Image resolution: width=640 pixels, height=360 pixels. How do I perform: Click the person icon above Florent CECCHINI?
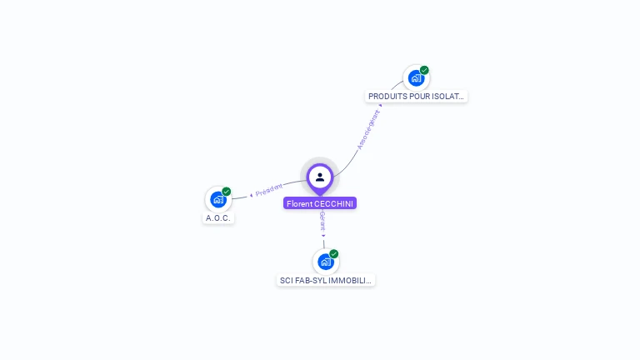320,177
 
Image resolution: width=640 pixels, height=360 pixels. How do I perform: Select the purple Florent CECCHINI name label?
320,203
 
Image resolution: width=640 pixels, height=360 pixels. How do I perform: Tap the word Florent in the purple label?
299,203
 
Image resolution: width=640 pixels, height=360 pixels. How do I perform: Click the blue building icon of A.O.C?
218,199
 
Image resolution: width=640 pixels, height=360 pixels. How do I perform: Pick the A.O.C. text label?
218,218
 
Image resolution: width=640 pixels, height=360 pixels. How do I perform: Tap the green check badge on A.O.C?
227,192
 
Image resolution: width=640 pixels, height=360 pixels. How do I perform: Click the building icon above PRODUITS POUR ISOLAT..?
416,78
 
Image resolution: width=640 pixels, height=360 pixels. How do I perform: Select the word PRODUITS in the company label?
387,97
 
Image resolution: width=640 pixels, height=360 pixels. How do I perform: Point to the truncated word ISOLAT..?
449,97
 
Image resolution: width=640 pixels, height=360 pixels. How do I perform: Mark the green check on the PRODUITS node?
424,71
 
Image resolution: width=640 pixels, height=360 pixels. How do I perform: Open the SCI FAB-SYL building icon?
325,262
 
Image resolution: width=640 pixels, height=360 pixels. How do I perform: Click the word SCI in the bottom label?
287,281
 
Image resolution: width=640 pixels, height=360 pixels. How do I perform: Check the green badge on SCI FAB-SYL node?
334,254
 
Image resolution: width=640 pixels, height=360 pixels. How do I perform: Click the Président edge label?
269,190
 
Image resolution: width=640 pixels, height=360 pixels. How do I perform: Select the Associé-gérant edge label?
367,130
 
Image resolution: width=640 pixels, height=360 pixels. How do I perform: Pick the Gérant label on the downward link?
322,222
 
